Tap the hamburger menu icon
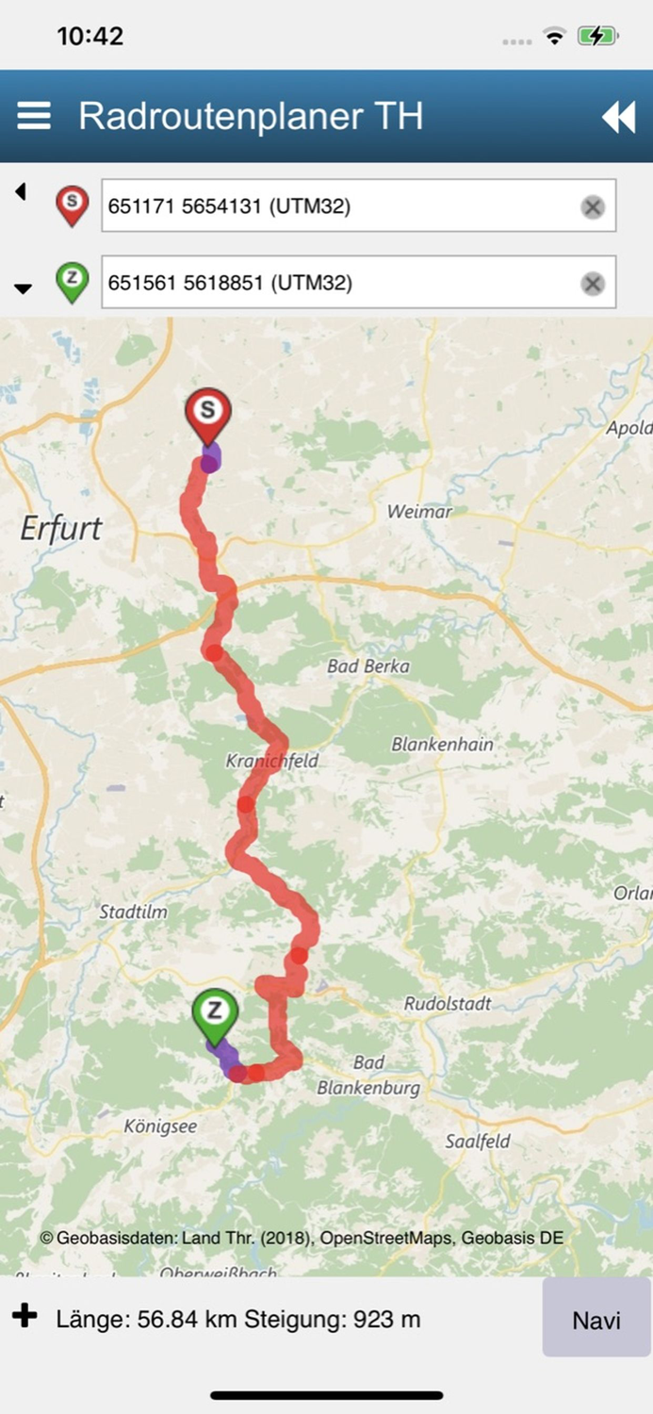34,116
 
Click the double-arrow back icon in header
618,117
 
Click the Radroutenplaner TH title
251,116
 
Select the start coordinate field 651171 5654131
339,206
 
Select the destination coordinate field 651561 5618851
339,282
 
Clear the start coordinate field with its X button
592,206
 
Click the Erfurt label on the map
60,528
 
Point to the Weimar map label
419,512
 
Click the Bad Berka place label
368,666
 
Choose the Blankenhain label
442,744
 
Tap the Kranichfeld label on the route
272,760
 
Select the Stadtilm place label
132,913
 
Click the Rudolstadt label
448,1004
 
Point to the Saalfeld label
478,1142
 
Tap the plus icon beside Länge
25,1316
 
